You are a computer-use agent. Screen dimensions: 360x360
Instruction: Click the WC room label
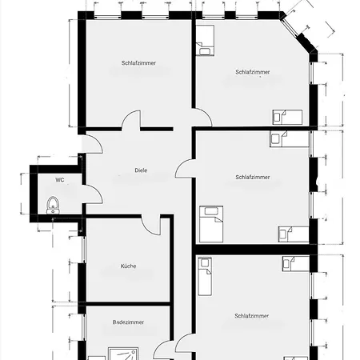[60, 180]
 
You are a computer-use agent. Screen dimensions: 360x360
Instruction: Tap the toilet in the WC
[53, 206]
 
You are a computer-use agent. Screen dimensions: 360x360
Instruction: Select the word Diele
[141, 170]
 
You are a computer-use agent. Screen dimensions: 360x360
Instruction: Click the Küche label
[128, 266]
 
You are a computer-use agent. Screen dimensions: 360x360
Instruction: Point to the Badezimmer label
[128, 322]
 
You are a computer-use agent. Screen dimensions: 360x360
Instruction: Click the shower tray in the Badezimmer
[123, 354]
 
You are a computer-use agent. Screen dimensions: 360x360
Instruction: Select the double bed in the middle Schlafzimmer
[211, 224]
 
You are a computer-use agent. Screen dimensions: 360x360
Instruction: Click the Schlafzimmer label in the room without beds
[138, 63]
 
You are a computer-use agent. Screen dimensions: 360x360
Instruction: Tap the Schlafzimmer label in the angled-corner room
[253, 72]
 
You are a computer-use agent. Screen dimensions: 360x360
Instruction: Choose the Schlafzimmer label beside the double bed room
[253, 177]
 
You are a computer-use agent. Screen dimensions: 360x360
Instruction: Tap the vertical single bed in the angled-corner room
[205, 40]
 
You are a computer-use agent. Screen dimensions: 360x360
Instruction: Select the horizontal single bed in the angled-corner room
[287, 117]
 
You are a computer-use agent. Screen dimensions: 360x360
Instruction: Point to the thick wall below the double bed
[255, 250]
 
